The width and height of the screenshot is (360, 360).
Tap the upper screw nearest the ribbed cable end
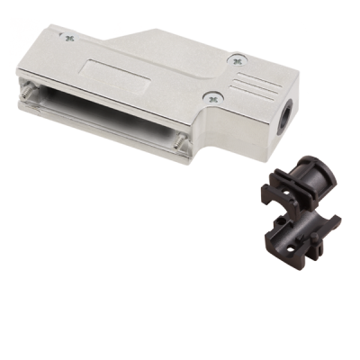(x=236, y=61)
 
